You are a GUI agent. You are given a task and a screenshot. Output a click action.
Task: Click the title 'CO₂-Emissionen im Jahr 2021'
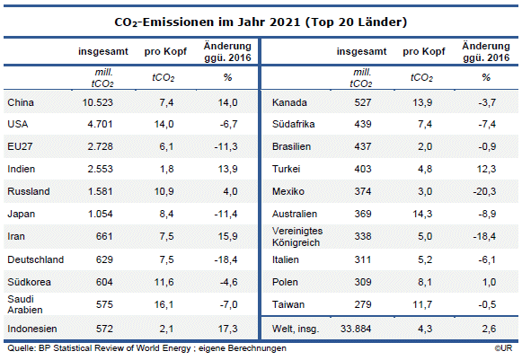coord(260,20)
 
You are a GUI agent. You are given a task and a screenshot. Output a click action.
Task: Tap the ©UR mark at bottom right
coord(505,348)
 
